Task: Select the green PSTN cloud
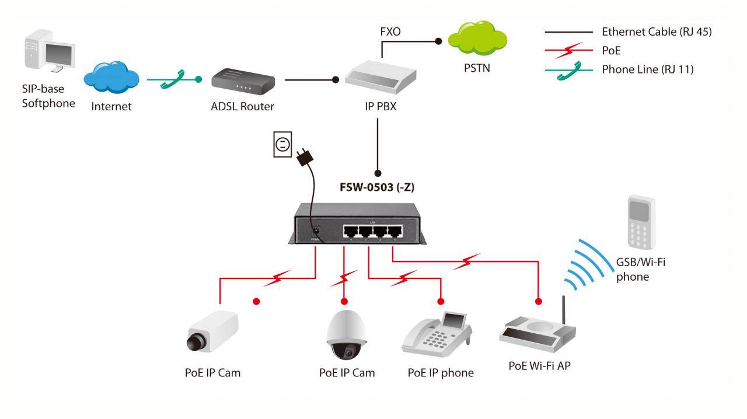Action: click(477, 40)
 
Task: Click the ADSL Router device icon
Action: click(241, 82)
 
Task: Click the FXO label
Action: click(390, 32)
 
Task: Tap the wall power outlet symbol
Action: click(282, 144)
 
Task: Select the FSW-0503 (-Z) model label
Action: click(377, 187)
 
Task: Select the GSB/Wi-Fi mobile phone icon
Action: click(641, 222)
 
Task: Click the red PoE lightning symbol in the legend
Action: click(568, 51)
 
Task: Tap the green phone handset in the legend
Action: click(570, 70)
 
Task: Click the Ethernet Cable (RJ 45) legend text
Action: click(657, 32)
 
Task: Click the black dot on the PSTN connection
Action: click(439, 41)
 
